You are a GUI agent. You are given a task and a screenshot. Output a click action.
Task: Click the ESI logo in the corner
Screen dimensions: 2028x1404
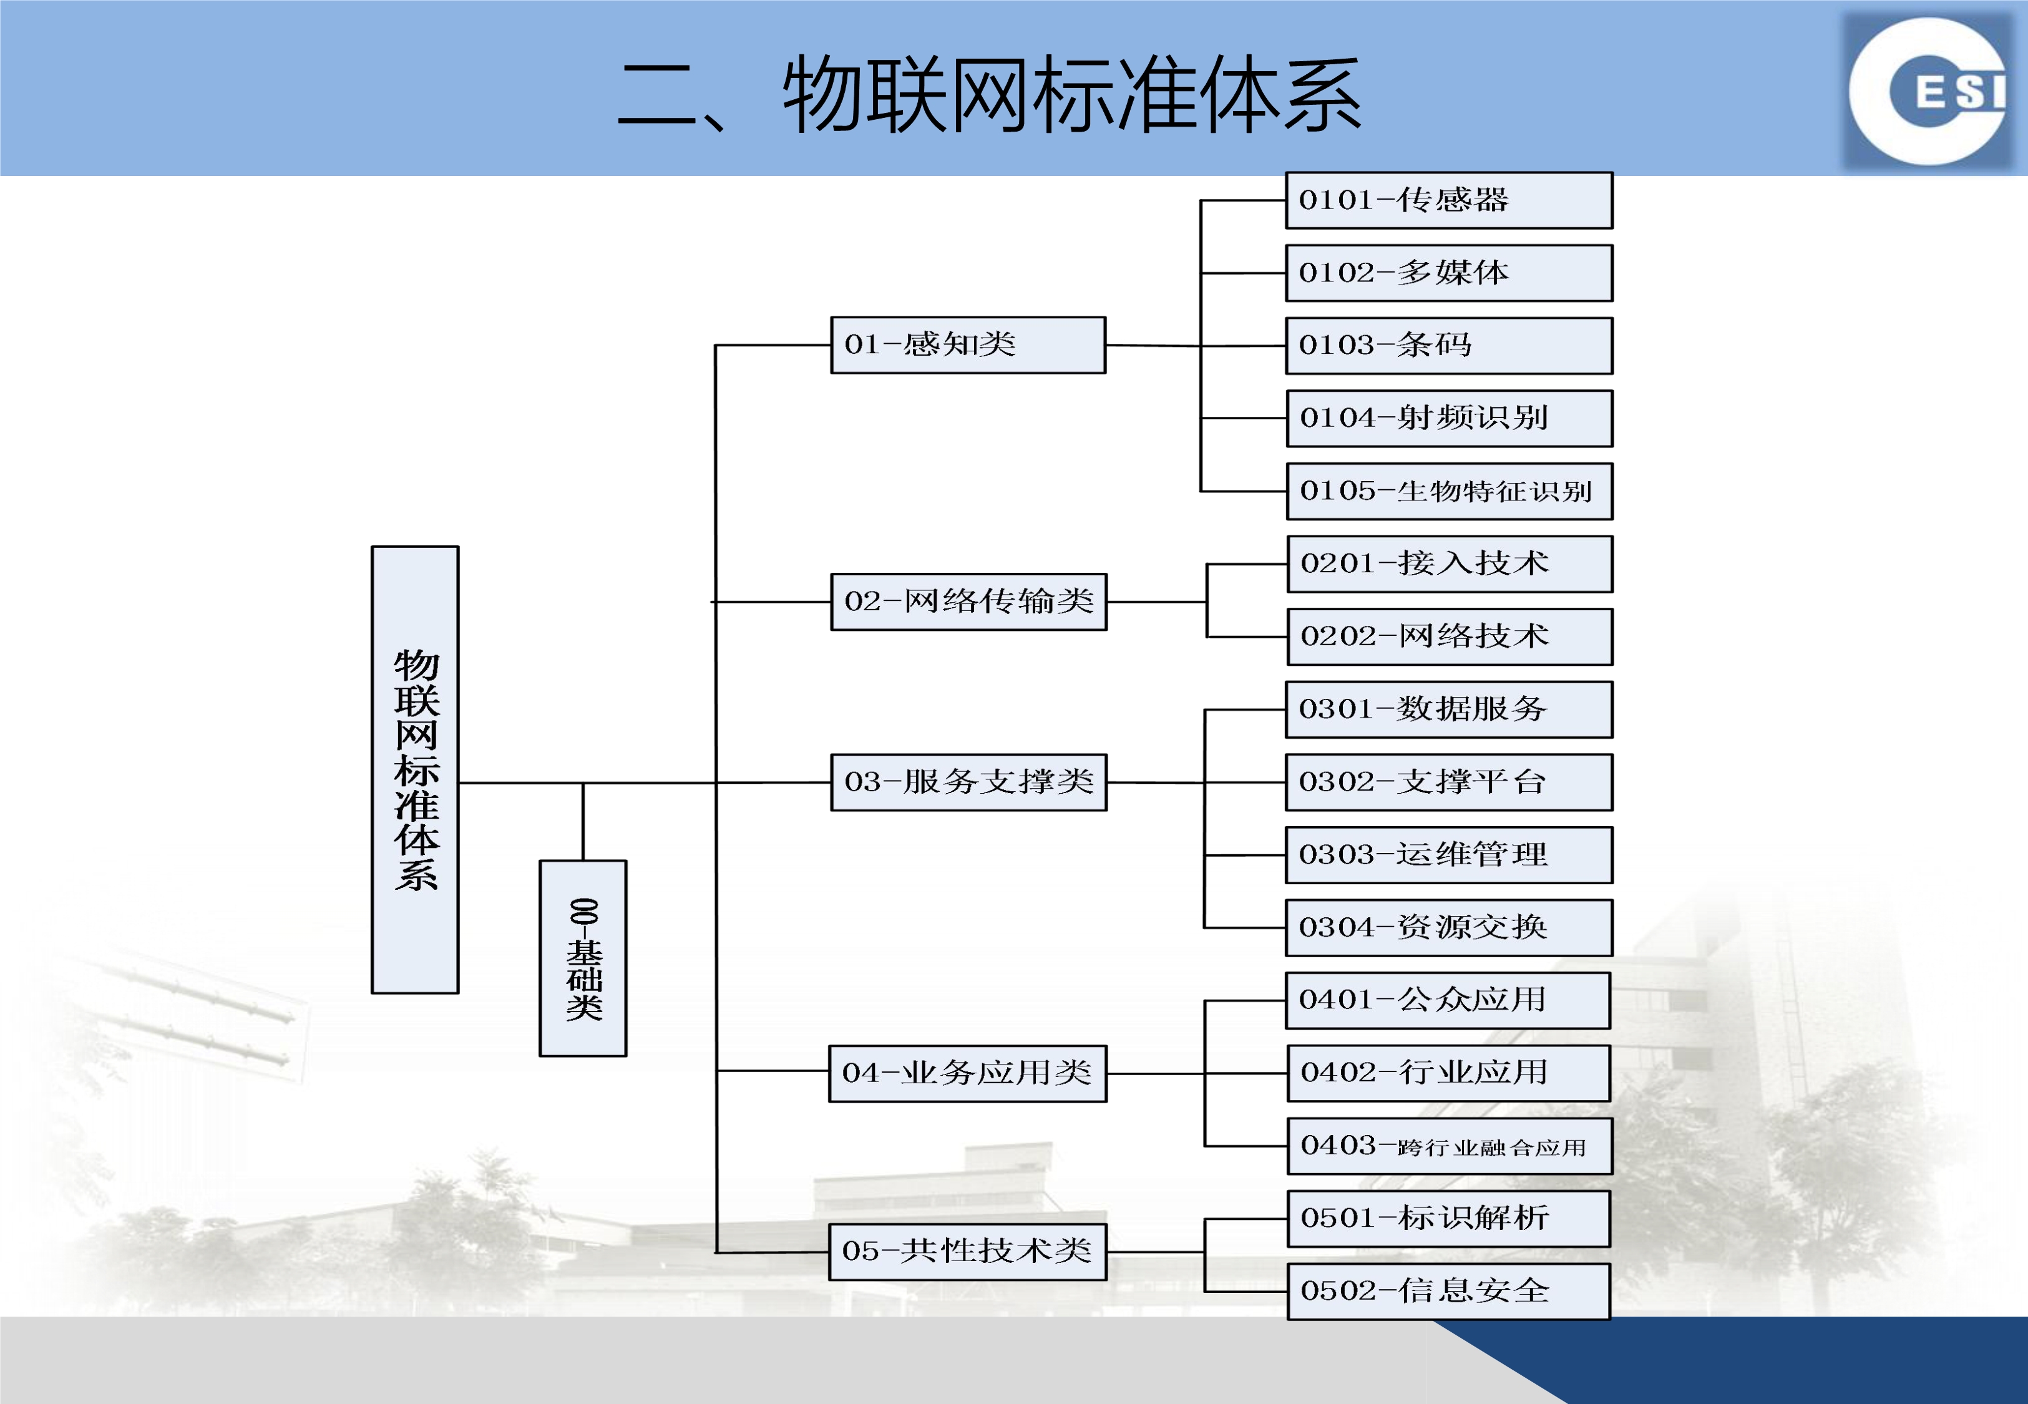coord(1929,90)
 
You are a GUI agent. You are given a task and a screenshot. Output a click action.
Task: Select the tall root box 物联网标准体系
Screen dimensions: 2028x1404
coord(415,770)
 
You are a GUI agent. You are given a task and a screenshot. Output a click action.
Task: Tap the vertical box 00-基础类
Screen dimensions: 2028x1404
coord(583,958)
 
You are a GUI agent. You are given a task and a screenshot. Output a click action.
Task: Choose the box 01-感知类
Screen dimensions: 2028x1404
coord(968,345)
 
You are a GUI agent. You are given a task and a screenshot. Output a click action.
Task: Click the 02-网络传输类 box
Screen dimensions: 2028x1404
coord(968,602)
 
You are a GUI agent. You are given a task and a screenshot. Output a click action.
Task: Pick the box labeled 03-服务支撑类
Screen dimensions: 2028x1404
coord(968,782)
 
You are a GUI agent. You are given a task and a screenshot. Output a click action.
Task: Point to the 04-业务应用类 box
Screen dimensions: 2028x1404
coord(967,1073)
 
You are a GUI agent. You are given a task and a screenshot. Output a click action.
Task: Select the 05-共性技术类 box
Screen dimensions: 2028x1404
coord(967,1252)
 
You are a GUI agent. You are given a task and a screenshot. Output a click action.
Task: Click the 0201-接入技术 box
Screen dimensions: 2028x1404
coord(1450,564)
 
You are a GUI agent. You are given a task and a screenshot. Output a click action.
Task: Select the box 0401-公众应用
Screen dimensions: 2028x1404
coord(1448,1000)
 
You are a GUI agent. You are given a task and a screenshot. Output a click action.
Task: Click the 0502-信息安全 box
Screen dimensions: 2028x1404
coord(1448,1292)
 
